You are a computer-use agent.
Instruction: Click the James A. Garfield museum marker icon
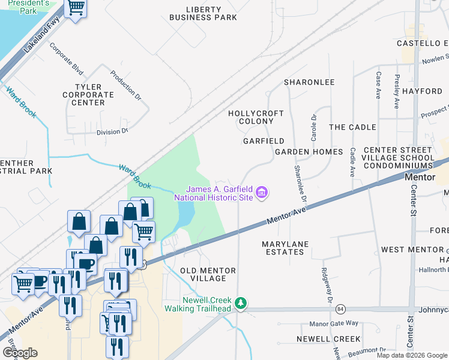262,193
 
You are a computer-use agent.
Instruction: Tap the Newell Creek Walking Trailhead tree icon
241,303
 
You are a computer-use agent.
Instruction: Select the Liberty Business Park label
203,13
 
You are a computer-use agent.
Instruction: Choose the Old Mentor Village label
203,274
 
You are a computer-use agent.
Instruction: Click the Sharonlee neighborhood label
309,82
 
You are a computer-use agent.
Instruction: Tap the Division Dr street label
112,131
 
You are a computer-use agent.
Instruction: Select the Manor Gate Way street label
334,323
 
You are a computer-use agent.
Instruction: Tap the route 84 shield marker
341,309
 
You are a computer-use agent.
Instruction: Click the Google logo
20,352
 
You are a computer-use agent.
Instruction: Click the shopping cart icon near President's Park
76,8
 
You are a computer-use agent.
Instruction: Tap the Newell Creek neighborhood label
329,339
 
